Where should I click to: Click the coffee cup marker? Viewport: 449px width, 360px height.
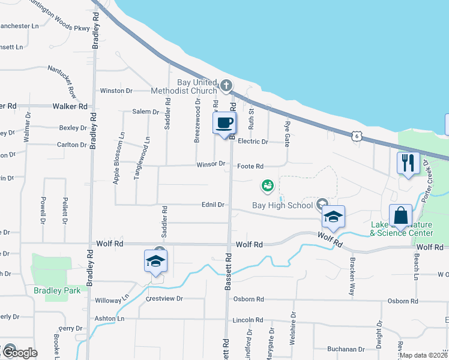[x=224, y=123]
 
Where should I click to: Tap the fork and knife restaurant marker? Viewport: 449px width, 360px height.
[x=408, y=163]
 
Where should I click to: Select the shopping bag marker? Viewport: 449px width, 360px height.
[x=400, y=215]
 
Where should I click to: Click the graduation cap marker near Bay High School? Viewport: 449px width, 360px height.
[x=333, y=217]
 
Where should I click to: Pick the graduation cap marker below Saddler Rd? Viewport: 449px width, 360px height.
[x=155, y=261]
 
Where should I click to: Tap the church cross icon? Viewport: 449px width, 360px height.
[x=226, y=86]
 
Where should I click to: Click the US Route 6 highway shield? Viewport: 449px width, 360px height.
[x=357, y=137]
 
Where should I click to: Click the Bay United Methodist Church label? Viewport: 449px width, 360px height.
[x=196, y=86]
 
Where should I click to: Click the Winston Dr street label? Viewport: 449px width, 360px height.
[x=116, y=91]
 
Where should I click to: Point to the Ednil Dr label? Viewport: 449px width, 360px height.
[x=213, y=205]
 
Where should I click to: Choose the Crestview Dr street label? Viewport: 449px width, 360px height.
[x=163, y=298]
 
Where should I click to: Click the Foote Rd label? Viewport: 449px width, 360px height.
[x=250, y=166]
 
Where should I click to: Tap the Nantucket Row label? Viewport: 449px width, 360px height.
[x=62, y=82]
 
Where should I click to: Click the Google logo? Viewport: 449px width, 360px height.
[x=19, y=353]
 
